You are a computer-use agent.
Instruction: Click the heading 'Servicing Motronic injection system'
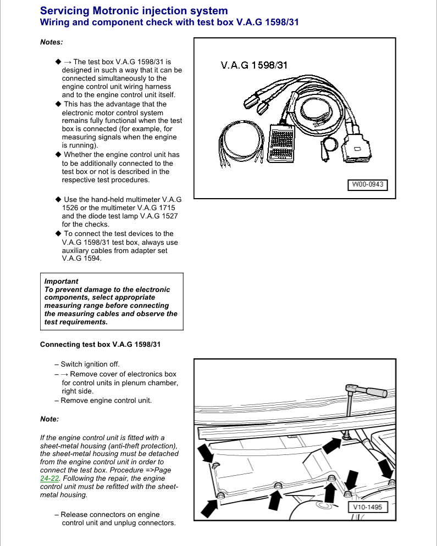pos(134,11)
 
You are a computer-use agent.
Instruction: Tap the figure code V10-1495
pos(367,507)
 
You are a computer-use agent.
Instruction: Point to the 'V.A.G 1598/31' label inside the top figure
pos(254,65)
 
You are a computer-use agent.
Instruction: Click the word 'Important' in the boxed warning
pos(61,281)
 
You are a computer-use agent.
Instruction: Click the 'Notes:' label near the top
pos(51,42)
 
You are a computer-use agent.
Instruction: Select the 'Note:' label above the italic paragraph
pos(49,419)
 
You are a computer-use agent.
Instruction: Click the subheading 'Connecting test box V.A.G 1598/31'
pos(101,344)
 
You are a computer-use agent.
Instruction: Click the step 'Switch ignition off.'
pos(90,364)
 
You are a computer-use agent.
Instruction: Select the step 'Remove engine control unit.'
pos(106,400)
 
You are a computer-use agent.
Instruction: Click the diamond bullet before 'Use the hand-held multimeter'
pos(58,199)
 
